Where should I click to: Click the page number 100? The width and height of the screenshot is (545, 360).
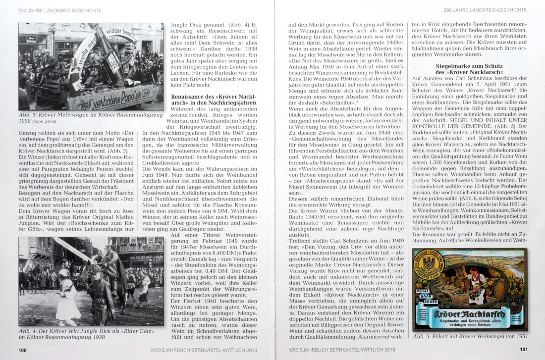point(22,350)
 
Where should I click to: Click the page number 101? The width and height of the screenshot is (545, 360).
point(523,350)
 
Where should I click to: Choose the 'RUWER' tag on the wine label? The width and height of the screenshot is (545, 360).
point(422,299)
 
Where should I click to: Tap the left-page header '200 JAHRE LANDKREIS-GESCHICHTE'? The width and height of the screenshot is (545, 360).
point(59,10)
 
